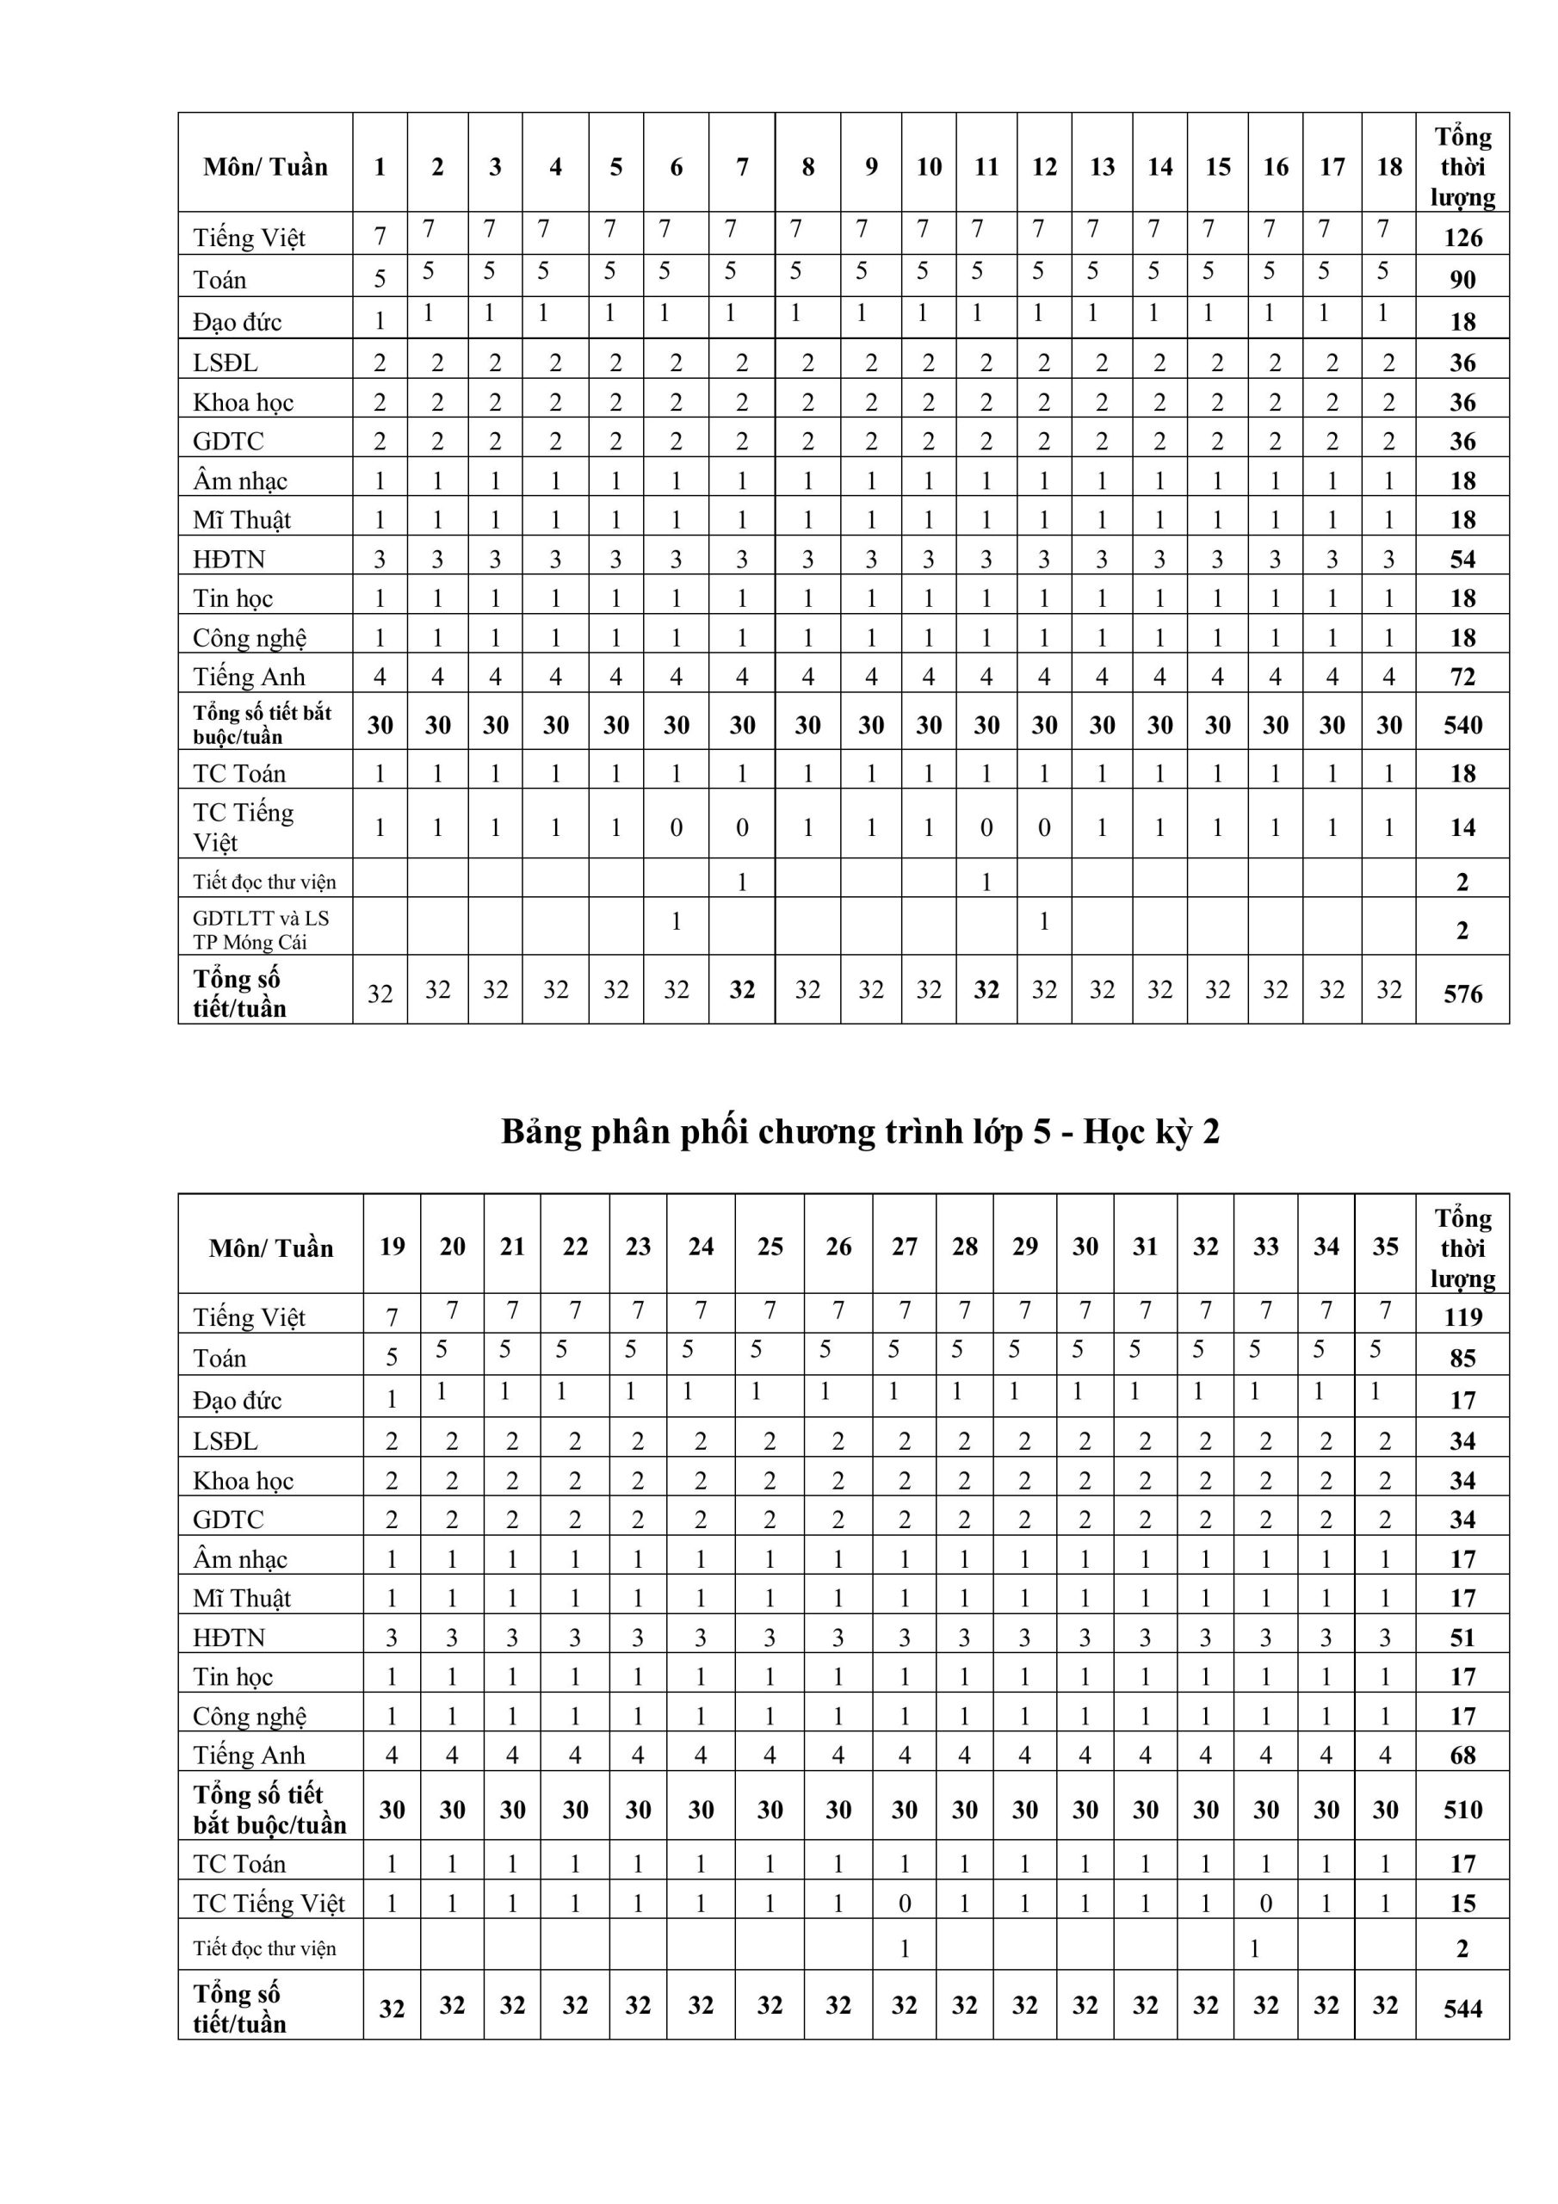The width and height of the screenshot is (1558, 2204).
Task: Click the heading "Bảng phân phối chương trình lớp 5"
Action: click(x=860, y=1133)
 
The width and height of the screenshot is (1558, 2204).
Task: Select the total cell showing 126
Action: click(x=1462, y=237)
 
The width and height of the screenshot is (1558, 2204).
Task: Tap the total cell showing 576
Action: click(x=1462, y=994)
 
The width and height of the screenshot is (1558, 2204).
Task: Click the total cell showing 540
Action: click(x=1462, y=725)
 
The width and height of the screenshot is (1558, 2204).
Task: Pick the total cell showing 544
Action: click(x=1462, y=2009)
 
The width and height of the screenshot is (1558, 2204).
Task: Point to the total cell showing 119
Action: click(x=1462, y=1316)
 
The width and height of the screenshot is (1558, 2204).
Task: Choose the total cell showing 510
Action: click(x=1462, y=1810)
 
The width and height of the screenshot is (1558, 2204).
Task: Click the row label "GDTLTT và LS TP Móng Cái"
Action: click(x=261, y=929)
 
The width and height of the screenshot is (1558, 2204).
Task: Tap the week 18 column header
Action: click(x=1388, y=167)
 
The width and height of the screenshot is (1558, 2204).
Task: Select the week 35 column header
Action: click(x=1384, y=1246)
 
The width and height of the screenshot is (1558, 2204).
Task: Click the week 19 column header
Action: click(x=392, y=1246)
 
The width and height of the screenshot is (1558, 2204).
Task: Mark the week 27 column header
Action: click(x=905, y=1246)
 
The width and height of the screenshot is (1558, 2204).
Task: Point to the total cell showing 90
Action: click(x=1462, y=279)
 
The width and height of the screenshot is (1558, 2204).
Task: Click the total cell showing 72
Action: click(x=1462, y=677)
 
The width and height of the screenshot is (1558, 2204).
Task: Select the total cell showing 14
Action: click(x=1462, y=827)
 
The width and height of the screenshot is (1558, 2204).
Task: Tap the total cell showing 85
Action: click(x=1462, y=1358)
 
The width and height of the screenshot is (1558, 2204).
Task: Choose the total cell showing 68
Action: click(x=1462, y=1755)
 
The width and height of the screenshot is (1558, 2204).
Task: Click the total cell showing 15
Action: click(x=1462, y=1904)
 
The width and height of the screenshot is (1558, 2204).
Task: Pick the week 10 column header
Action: click(x=928, y=167)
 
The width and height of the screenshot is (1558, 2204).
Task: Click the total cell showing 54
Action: click(x=1462, y=559)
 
